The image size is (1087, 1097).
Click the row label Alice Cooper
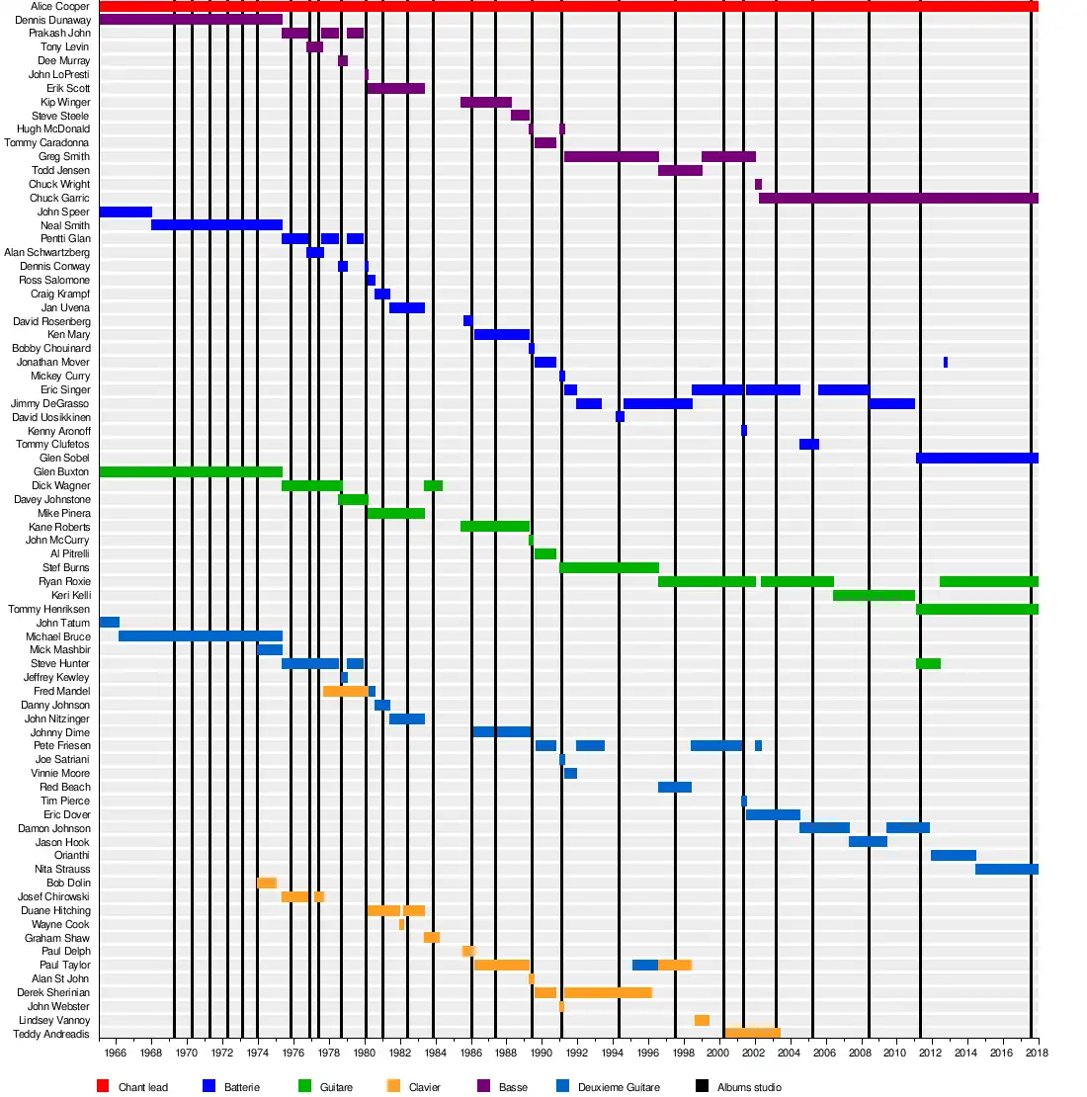pyautogui.click(x=60, y=6)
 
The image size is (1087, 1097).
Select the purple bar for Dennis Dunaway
pyautogui.click(x=191, y=20)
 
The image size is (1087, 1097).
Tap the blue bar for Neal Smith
pyautogui.click(x=216, y=225)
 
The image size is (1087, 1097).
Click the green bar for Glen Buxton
pyautogui.click(x=191, y=472)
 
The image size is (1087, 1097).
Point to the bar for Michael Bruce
pyautogui.click(x=200, y=636)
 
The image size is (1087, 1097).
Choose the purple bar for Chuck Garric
pyautogui.click(x=898, y=199)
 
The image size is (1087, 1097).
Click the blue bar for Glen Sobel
pyautogui.click(x=976, y=459)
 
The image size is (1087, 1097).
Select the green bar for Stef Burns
pyautogui.click(x=609, y=568)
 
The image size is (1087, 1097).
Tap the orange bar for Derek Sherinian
pyautogui.click(x=608, y=993)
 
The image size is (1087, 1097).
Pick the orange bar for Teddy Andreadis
pyautogui.click(x=752, y=1034)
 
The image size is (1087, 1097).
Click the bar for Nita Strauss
pyautogui.click(x=1006, y=870)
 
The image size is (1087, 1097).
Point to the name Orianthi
pyautogui.click(x=72, y=856)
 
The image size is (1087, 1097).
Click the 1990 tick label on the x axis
pyautogui.click(x=541, y=1053)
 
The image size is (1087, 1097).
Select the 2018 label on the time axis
pyautogui.click(x=1036, y=1053)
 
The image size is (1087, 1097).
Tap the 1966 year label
pyautogui.click(x=115, y=1053)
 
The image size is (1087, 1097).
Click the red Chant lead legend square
pyautogui.click(x=103, y=1086)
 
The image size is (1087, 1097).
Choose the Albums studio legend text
pyautogui.click(x=749, y=1087)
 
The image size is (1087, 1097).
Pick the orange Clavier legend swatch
pyautogui.click(x=393, y=1086)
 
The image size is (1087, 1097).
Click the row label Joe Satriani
pyautogui.click(x=62, y=760)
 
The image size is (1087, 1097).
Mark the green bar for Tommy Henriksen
pyautogui.click(x=976, y=610)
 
